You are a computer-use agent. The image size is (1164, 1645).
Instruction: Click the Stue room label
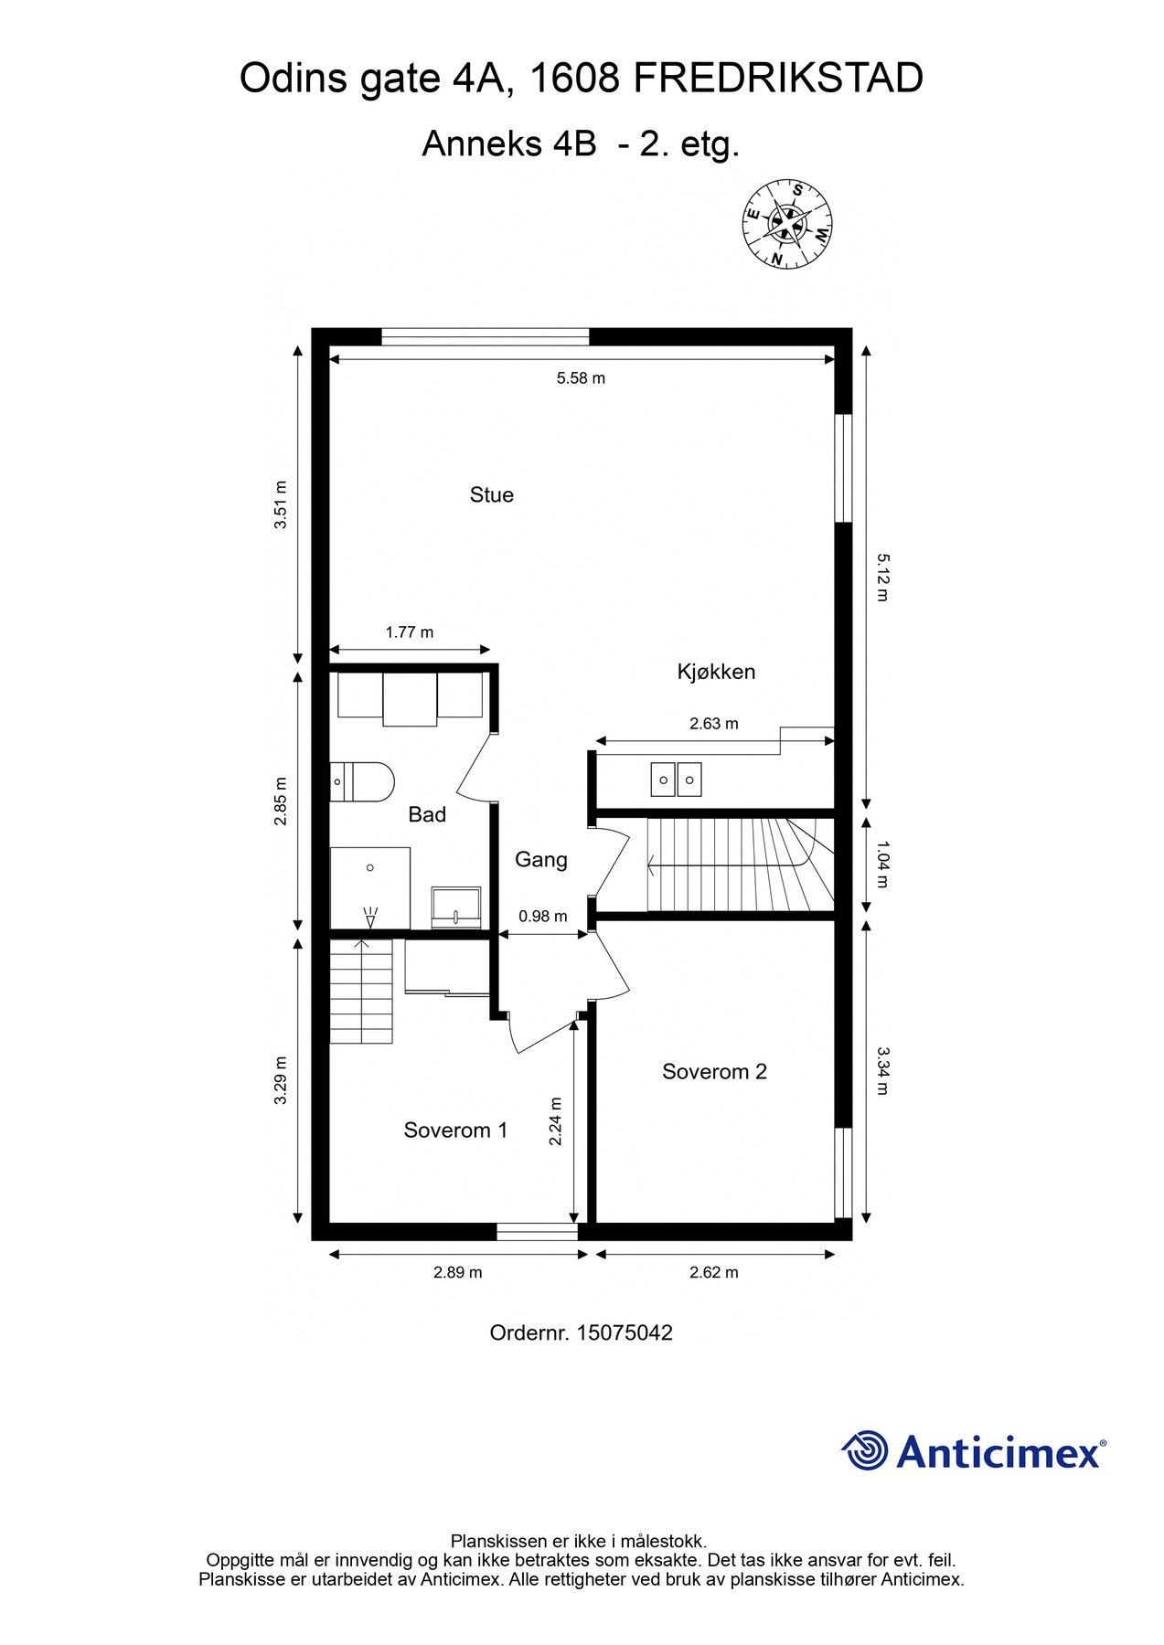[x=491, y=494]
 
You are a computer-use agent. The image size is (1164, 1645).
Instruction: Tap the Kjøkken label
[x=715, y=672]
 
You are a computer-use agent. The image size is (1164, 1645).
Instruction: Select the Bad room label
[x=427, y=814]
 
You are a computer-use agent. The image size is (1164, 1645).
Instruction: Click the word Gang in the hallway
[x=540, y=859]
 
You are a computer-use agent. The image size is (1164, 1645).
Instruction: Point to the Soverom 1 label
[x=455, y=1130]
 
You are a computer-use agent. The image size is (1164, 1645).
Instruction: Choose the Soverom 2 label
[x=714, y=1071]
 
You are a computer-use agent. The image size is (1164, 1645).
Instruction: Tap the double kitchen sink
[x=677, y=779]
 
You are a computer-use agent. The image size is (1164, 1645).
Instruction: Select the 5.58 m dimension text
[x=581, y=378]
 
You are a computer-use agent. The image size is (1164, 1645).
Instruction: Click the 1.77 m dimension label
[x=409, y=632]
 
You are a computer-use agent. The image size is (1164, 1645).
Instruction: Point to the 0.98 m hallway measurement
[x=542, y=916]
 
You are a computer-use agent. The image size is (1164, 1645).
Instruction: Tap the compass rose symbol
[x=786, y=223]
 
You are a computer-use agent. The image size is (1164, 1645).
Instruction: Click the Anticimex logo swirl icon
[x=865, y=1450]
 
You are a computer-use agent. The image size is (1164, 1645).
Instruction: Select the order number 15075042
[x=625, y=1332]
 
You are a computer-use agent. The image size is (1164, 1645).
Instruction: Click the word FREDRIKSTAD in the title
[x=777, y=80]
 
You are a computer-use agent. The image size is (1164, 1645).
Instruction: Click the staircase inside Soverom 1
[x=361, y=991]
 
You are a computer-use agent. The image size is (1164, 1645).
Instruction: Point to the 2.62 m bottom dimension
[x=713, y=1272]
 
